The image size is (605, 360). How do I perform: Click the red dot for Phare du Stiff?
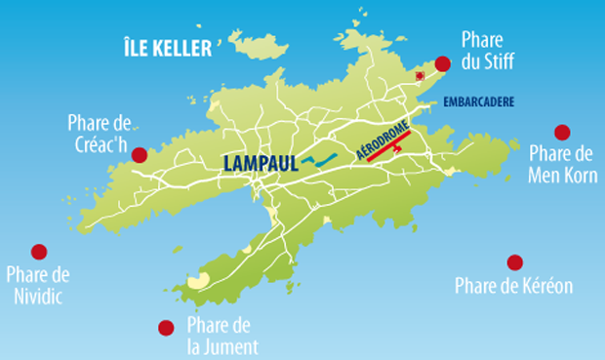click(442, 64)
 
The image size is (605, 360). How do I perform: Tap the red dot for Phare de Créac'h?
click(140, 154)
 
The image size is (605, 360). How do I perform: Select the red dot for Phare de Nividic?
click(39, 252)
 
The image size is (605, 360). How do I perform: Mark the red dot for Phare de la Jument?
click(166, 328)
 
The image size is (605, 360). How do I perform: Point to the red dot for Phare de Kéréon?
click(514, 261)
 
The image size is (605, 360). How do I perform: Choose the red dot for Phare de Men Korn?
click(561, 132)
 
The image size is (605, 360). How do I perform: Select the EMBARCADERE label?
click(478, 102)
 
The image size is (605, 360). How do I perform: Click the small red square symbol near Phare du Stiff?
click(421, 74)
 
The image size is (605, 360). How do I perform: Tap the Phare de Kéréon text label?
click(513, 286)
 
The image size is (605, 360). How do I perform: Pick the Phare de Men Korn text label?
click(561, 163)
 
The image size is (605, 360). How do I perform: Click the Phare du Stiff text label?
click(487, 51)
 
